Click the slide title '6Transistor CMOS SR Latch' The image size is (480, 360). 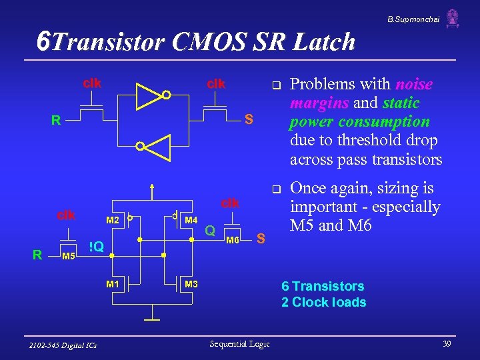[197, 42]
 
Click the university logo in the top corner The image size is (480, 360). [453, 18]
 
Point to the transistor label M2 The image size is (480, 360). [113, 221]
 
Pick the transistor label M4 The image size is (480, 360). [191, 221]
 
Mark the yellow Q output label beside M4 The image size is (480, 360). [210, 231]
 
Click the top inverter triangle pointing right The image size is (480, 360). [149, 95]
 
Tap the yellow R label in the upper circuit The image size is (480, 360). [57, 121]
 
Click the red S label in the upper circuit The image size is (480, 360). [248, 120]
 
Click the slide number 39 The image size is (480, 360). [447, 343]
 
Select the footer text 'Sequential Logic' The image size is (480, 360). [239, 343]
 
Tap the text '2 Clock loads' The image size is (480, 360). [323, 302]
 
